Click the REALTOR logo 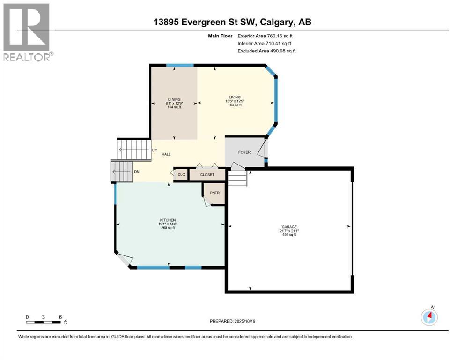pos(28,32)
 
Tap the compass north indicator pos(429,317)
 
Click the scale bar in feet pos(46,320)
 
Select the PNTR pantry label pos(215,193)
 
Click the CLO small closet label pos(181,174)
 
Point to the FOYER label pos(244,152)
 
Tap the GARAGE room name pos(289,227)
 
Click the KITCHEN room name pos(168,220)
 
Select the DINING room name pos(174,99)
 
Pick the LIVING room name pos(235,97)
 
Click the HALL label pos(166,154)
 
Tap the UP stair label pos(154,150)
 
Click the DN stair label pos(137,172)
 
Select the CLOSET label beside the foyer pos(207,175)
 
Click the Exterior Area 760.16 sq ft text pos(265,36)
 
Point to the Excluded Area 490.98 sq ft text pos(266,51)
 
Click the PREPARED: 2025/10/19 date pos(232,321)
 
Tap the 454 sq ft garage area pos(289,235)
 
